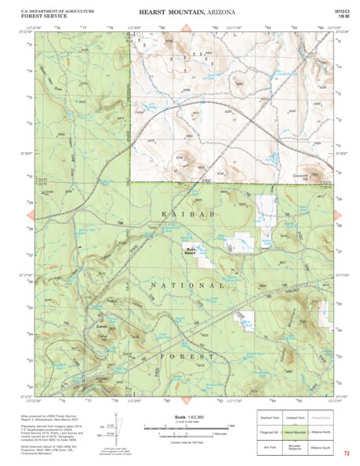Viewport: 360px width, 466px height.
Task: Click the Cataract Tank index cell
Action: pos(295,418)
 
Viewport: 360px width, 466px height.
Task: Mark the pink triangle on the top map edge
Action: pos(186,28)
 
